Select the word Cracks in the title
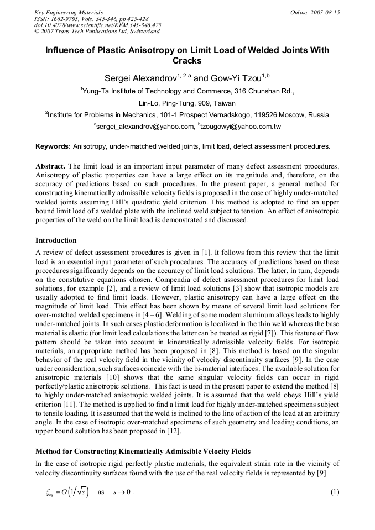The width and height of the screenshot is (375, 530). (x=187, y=61)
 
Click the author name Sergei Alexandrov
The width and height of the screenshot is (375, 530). (x=139, y=78)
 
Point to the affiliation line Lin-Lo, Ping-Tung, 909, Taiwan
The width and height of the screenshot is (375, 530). (x=187, y=103)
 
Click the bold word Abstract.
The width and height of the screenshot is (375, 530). (x=50, y=166)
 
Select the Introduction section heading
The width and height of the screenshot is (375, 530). (x=56, y=240)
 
